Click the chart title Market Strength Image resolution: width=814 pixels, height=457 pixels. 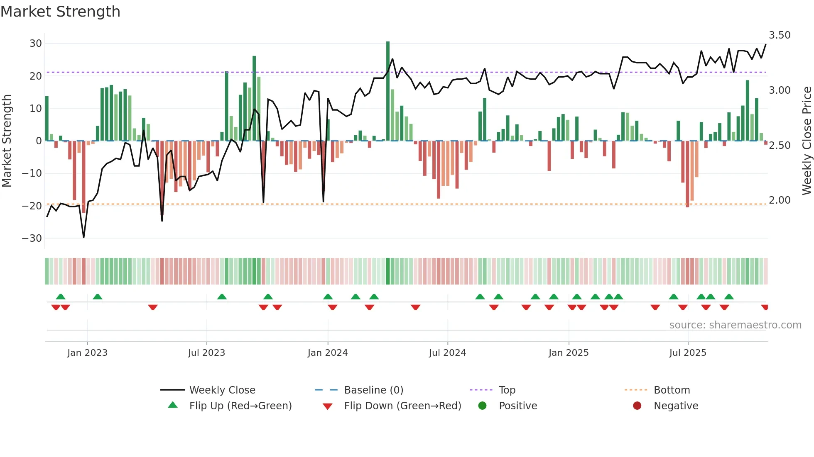click(61, 12)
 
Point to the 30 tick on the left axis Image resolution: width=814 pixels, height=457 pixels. click(36, 44)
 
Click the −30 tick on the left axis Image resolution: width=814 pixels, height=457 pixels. click(32, 238)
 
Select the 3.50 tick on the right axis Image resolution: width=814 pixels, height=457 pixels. click(780, 35)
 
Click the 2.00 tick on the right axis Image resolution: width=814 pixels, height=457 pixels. click(780, 200)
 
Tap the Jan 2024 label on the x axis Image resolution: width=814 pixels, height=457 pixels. click(328, 353)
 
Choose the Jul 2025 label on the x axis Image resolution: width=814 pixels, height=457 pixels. click(688, 353)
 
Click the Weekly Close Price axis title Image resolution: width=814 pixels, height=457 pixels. click(807, 141)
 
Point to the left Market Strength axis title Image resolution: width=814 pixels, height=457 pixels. click(7, 141)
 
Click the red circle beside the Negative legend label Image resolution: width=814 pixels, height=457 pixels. click(637, 406)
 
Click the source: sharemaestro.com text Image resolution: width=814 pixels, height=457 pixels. click(735, 325)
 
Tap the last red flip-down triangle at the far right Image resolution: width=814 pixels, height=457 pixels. click(765, 307)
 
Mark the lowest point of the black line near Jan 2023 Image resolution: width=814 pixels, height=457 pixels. click(84, 237)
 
